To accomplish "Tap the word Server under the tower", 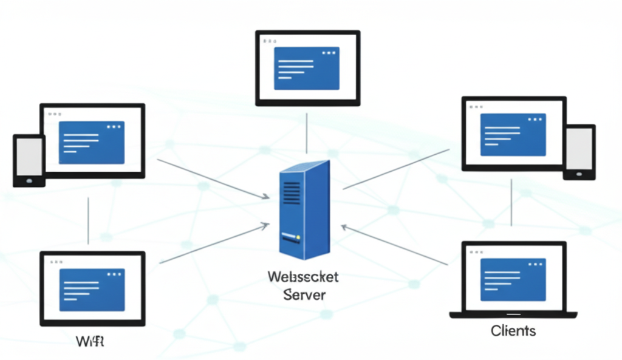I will click(x=304, y=295).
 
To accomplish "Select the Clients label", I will click(x=513, y=331).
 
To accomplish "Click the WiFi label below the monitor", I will click(x=91, y=341).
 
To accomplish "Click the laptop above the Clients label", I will click(x=513, y=279).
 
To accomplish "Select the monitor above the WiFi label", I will click(x=92, y=288).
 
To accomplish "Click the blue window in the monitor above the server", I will click(x=307, y=67).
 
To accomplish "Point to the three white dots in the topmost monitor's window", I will click(x=329, y=53).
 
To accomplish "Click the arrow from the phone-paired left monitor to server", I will click(x=213, y=179).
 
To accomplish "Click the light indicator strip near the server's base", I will click(x=291, y=237).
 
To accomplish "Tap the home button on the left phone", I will click(x=29, y=180).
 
